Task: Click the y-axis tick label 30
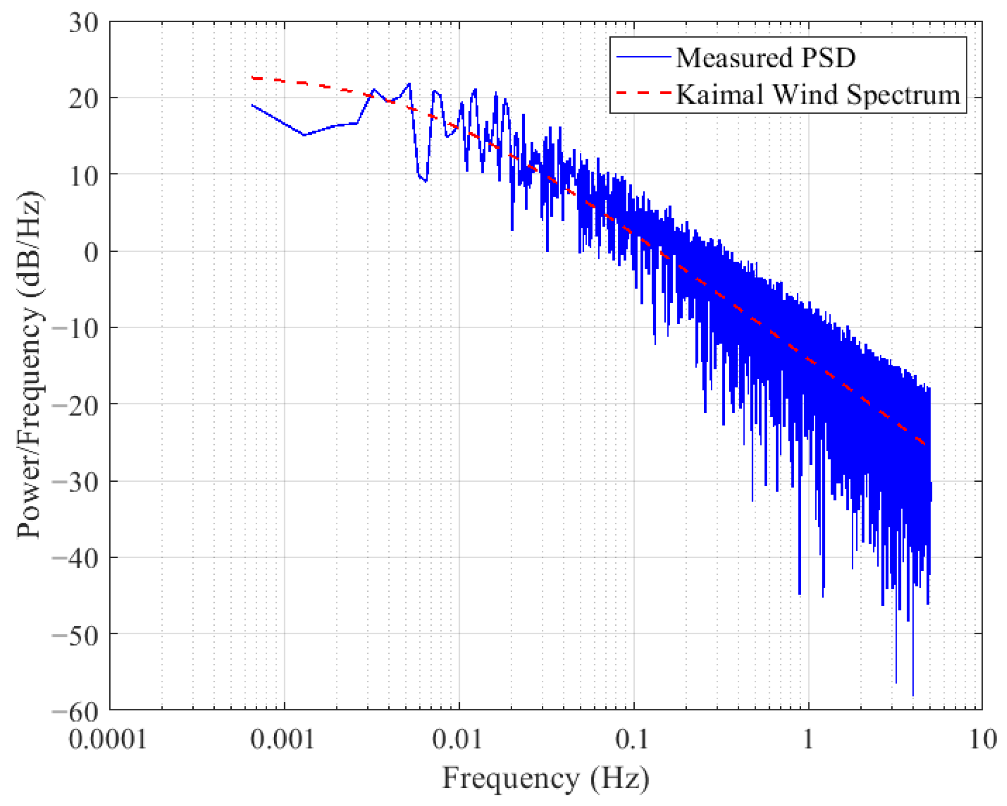tap(83, 23)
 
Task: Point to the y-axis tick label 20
tap(83, 99)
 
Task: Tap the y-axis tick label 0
tap(91, 253)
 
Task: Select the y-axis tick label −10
tap(76, 329)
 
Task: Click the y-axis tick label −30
tap(76, 483)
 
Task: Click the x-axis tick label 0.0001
tap(108, 739)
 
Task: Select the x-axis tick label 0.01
tap(457, 739)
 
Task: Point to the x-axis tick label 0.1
tap(632, 739)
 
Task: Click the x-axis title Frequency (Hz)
tap(545, 778)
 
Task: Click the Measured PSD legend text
tap(765, 57)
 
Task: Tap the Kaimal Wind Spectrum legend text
tap(817, 94)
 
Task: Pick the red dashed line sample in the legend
tap(643, 93)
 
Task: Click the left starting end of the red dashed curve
tap(252, 78)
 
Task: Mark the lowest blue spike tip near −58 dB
tap(912, 695)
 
